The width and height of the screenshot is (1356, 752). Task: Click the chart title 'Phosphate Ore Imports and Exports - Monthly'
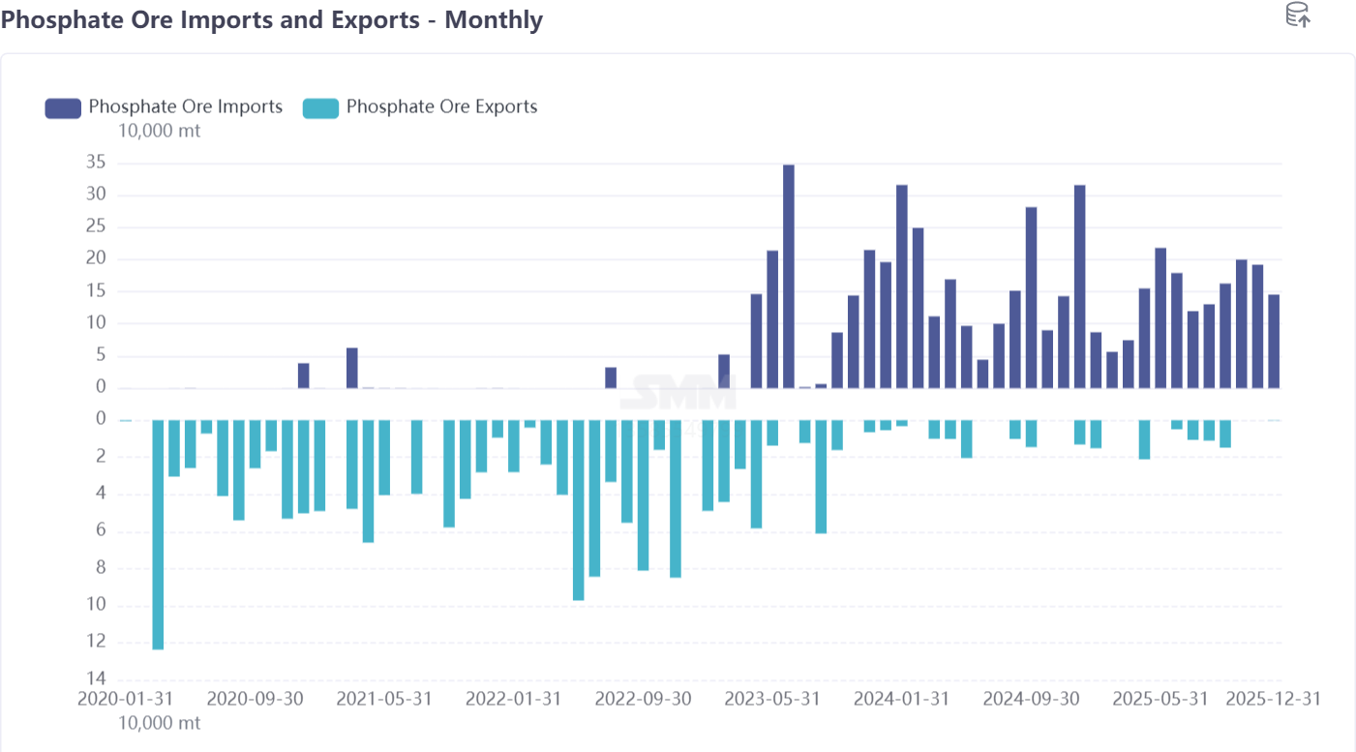[272, 19]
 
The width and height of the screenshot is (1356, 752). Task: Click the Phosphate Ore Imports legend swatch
[63, 107]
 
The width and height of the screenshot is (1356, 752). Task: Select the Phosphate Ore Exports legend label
[441, 106]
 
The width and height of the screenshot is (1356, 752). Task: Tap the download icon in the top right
[1297, 15]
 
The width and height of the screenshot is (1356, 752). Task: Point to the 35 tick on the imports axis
[95, 163]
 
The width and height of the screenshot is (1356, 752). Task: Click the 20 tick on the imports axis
[95, 259]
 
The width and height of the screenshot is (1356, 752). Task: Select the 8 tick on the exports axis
[100, 568]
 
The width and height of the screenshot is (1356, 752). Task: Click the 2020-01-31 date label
[126, 699]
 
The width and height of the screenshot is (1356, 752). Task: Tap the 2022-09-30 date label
[643, 699]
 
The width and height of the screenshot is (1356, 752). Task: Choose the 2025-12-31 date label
[1273, 699]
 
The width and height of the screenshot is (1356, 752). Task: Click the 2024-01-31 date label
[901, 699]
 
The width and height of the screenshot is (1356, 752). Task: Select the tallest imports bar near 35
[789, 276]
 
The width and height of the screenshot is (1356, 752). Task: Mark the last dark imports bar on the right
[1274, 341]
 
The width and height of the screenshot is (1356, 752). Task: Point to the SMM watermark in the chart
[678, 392]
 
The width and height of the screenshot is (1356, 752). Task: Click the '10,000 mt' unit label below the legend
[160, 131]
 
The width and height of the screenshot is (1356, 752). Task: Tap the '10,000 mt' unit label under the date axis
[160, 723]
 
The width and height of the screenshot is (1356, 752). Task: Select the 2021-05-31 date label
[384, 699]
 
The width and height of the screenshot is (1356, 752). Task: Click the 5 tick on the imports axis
[100, 356]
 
